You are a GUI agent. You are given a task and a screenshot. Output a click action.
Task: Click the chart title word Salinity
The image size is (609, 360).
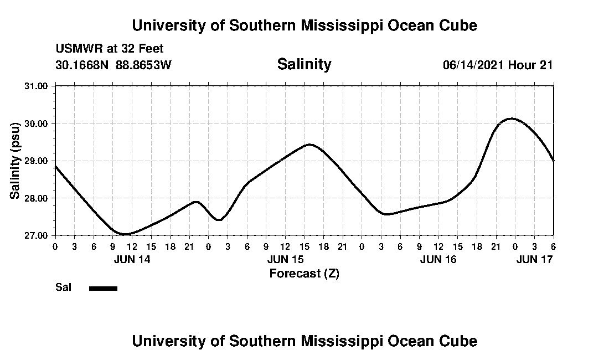tap(304, 64)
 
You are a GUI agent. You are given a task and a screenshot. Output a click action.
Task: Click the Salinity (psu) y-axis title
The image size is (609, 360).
tap(15, 161)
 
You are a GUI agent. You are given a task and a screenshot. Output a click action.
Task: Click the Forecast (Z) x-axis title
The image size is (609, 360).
tap(304, 273)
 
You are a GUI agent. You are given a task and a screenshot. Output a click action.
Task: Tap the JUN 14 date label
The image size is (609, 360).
tap(132, 259)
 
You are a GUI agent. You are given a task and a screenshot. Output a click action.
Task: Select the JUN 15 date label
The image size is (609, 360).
tap(285, 259)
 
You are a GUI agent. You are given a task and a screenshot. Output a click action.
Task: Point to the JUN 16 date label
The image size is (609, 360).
tap(438, 259)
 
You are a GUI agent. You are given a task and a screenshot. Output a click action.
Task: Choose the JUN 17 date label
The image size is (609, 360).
tap(534, 259)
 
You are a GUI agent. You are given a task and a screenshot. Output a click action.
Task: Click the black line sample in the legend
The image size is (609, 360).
tap(103, 288)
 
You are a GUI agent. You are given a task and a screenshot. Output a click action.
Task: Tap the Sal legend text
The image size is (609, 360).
tap(63, 287)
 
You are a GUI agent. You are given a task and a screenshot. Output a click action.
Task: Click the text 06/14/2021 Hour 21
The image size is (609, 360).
tap(498, 65)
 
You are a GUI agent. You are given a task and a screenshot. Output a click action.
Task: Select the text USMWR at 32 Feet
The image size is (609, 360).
tap(110, 49)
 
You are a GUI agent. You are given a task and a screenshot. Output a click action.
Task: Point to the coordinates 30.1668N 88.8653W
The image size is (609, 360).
tap(113, 65)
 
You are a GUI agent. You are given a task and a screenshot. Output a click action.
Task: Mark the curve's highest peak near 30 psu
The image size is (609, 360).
tap(512, 119)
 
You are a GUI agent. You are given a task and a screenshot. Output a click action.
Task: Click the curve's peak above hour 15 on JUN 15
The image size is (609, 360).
tap(309, 145)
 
